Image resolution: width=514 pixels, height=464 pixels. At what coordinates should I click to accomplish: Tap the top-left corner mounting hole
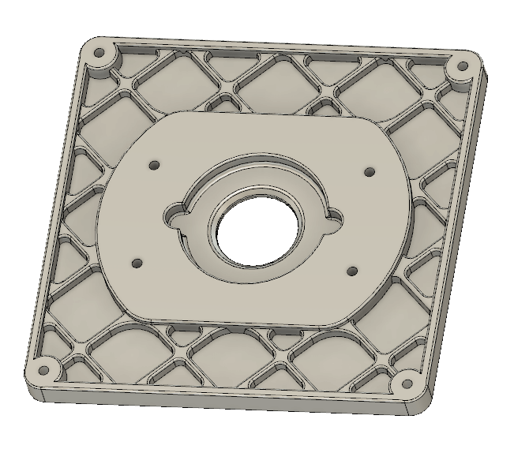click(100, 55)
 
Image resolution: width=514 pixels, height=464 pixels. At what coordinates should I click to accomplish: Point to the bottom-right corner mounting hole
click(407, 386)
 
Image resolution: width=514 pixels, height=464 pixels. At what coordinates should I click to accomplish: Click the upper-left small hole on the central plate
click(155, 166)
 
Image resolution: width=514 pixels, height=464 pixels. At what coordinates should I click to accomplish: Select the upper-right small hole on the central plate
click(368, 171)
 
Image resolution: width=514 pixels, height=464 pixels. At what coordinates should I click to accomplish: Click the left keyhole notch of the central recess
click(174, 213)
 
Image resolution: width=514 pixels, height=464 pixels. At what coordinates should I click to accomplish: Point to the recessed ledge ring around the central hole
click(261, 178)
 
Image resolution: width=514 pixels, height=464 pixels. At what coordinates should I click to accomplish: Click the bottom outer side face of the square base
click(221, 402)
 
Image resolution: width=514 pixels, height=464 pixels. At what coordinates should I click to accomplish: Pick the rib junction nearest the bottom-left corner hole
click(79, 347)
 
